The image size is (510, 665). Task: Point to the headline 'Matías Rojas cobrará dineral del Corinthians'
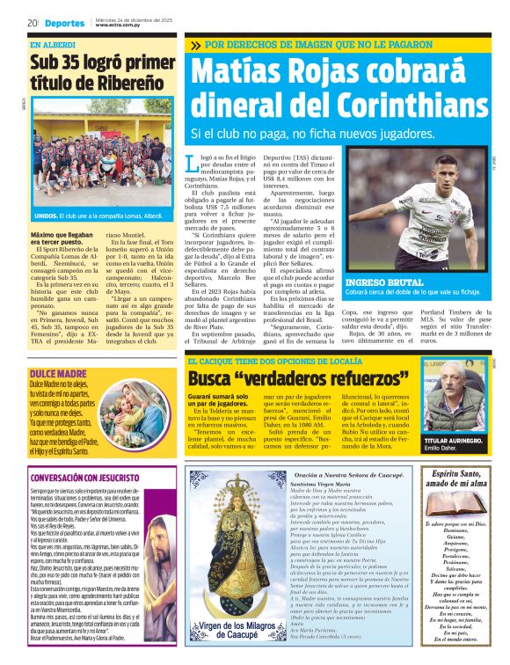coord(340,91)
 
